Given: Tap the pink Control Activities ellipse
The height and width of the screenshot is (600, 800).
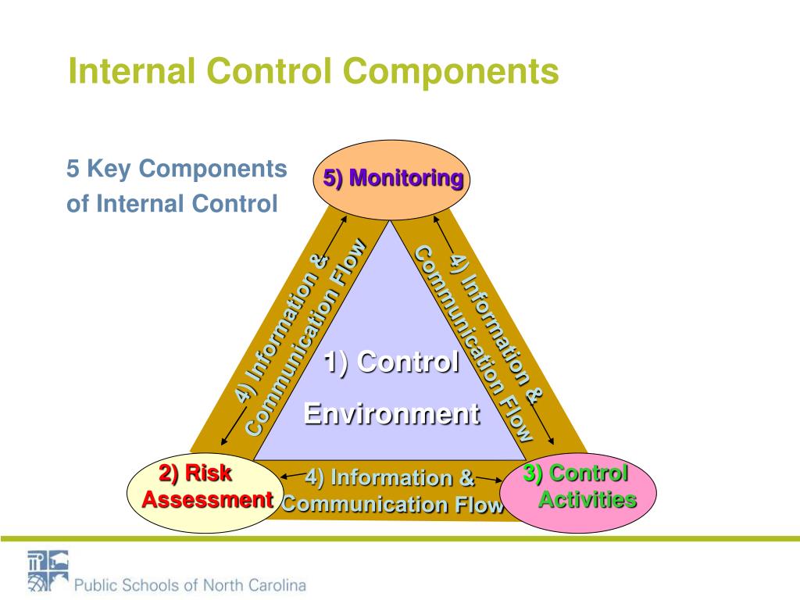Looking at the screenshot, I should (578, 493).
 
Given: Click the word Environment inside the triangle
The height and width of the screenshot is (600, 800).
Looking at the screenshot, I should (391, 413).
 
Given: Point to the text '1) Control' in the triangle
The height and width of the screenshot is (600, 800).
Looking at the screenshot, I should (391, 362).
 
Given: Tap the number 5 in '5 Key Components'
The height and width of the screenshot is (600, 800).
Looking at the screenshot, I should (73, 169).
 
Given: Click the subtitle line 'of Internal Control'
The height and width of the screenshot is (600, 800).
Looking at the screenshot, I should (172, 204).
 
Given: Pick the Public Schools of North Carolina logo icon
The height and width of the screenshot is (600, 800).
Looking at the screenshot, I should (48, 570).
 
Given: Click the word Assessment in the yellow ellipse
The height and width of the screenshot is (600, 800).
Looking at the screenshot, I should (207, 500).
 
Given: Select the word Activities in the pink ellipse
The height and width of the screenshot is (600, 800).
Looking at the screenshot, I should (587, 500).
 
